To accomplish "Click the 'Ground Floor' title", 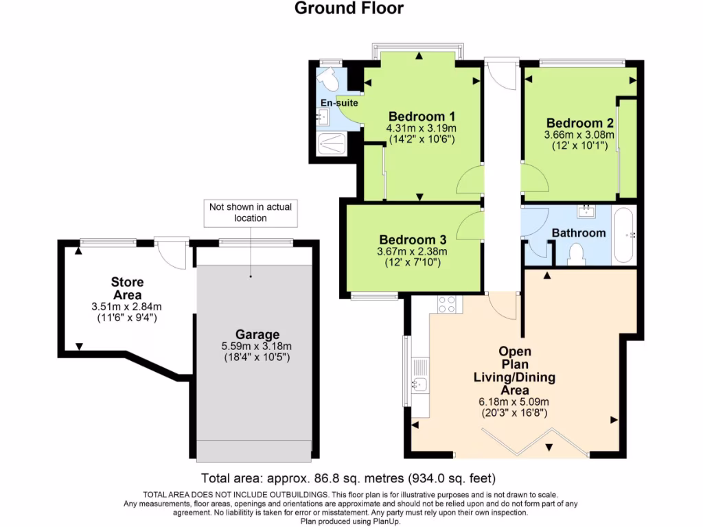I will pyautogui.click(x=349, y=8).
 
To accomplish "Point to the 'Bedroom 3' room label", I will pyautogui.click(x=413, y=239).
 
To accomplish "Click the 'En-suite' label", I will pyautogui.click(x=334, y=103).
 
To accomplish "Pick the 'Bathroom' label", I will pyautogui.click(x=579, y=233).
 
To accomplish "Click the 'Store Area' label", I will pyautogui.click(x=128, y=288).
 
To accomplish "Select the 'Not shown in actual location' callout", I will pyautogui.click(x=251, y=212).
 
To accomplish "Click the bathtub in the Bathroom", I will pyautogui.click(x=624, y=235).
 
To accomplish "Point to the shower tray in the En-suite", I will pyautogui.click(x=332, y=144).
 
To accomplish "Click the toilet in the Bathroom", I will pyautogui.click(x=576, y=254).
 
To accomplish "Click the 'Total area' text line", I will pyautogui.click(x=348, y=478).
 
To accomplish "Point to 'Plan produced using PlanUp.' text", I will pyautogui.click(x=349, y=521).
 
